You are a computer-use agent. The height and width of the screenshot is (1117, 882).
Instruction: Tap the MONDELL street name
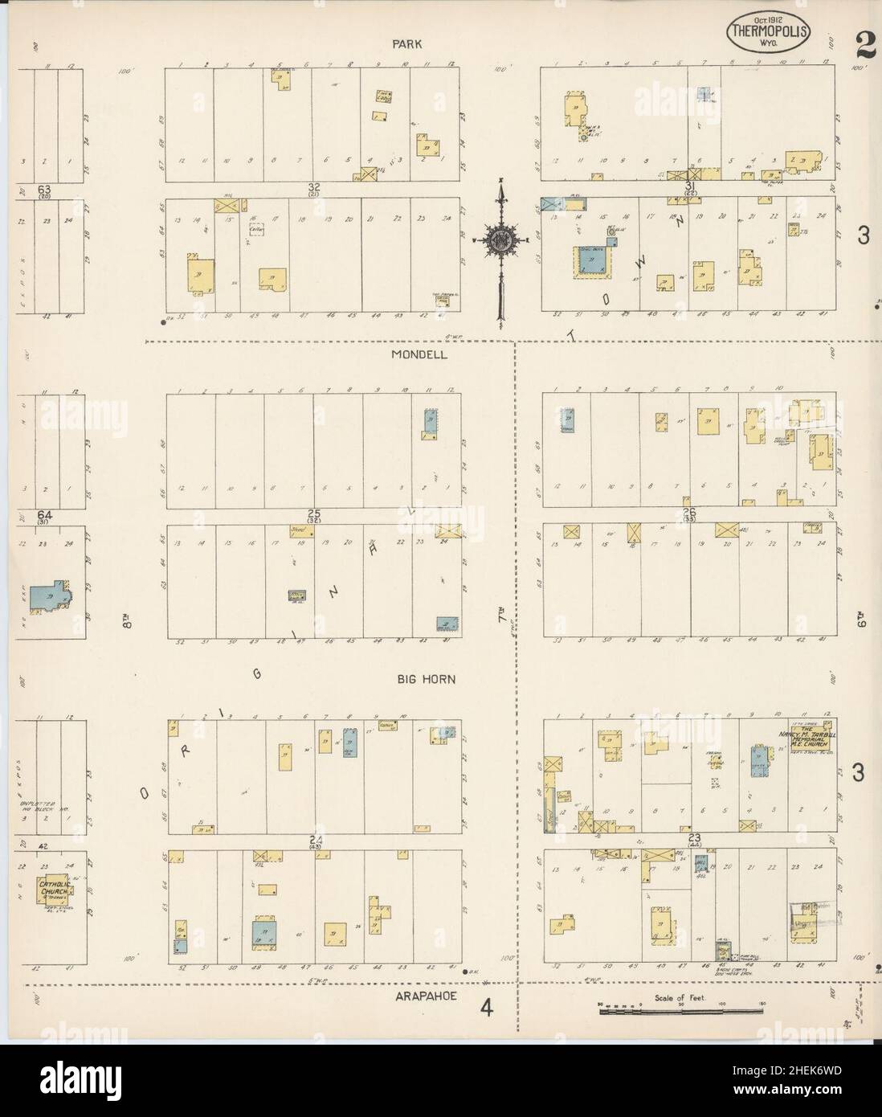(419, 354)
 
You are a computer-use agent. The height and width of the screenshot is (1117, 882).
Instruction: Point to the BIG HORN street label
(427, 680)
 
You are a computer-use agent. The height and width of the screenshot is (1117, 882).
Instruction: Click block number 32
(313, 188)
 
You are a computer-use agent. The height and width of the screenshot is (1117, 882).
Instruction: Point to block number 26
(688, 512)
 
